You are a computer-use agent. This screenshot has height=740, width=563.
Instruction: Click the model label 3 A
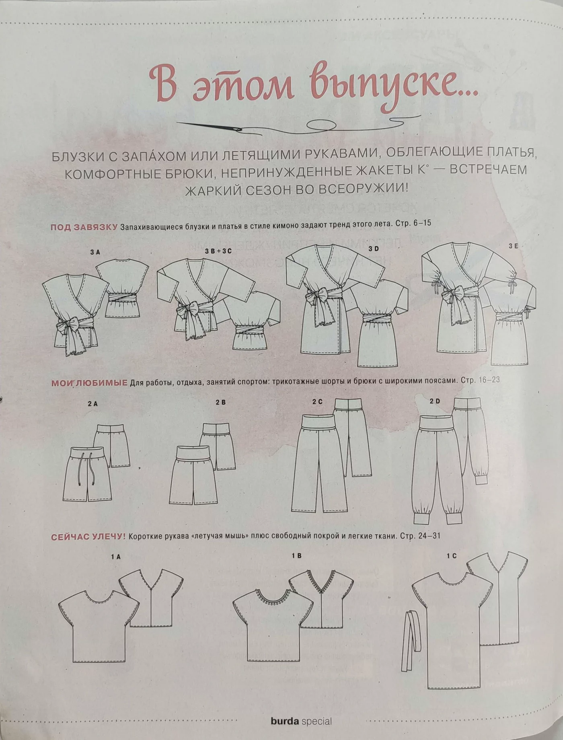95,252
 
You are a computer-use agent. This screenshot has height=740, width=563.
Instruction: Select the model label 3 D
374,249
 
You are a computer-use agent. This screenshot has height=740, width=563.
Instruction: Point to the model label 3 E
513,246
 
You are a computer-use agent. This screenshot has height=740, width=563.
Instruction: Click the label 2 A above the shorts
92,403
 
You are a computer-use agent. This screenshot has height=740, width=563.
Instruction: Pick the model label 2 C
317,401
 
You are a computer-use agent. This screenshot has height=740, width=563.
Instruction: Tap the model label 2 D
435,401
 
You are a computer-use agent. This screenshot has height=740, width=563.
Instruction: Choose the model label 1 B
296,556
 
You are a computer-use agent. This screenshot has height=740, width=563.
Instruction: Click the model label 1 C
452,556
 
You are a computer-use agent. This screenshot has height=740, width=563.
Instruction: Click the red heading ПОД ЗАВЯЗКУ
84,227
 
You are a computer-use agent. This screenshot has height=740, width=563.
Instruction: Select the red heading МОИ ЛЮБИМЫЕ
89,383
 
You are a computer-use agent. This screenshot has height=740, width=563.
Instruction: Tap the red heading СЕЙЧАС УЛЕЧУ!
88,537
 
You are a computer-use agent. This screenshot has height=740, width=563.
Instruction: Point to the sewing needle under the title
209,126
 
